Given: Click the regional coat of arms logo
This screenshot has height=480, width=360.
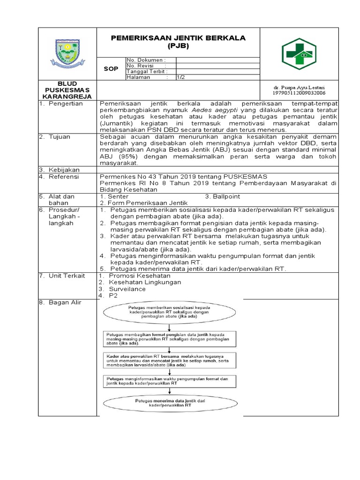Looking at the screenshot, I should click(x=67, y=53).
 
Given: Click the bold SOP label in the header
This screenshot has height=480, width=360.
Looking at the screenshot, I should click(x=111, y=68).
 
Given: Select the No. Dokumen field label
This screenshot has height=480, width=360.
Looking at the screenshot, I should click(x=146, y=60).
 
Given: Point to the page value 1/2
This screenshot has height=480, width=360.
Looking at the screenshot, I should click(x=180, y=77).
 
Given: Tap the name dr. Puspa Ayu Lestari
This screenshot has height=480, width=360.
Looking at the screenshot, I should click(x=299, y=88).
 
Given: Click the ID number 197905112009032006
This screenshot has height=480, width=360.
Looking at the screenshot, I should click(x=299, y=93).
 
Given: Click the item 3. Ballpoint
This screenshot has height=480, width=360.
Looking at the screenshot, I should click(x=223, y=196).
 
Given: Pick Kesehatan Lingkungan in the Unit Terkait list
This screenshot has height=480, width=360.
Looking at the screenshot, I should click(x=145, y=282).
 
